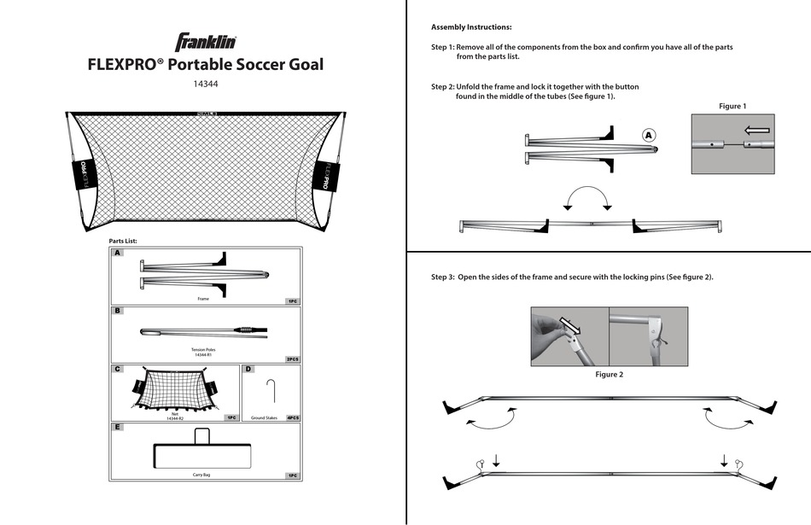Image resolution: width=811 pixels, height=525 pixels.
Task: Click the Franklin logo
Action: [206, 42]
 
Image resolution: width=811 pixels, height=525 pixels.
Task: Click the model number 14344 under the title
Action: [206, 85]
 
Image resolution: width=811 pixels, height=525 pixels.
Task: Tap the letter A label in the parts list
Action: [118, 253]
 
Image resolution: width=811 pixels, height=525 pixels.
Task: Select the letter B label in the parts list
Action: [118, 312]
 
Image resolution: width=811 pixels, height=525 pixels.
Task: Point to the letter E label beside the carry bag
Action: [118, 426]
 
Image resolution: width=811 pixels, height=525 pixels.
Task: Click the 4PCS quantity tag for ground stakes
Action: [292, 418]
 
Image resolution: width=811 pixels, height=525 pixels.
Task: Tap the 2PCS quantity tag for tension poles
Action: [292, 359]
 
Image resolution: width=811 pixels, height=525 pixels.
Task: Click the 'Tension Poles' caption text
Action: [206, 349]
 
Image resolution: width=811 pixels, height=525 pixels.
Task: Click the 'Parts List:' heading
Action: [123, 242]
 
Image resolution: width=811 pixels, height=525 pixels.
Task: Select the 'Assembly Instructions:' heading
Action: [471, 27]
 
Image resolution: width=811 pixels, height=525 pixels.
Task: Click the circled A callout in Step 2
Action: [649, 135]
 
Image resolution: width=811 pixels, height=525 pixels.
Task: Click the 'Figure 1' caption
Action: [732, 106]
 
